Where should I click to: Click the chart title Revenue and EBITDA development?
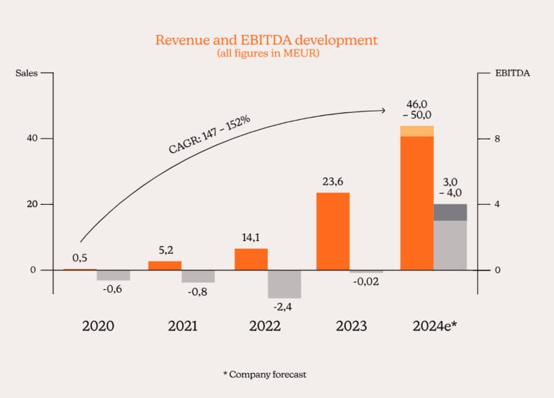(267, 40)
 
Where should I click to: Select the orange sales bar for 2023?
(333, 231)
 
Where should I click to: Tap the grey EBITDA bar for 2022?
(284, 284)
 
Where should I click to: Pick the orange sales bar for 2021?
(165, 266)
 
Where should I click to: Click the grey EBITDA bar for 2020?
(113, 275)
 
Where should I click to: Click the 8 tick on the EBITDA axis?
(497, 139)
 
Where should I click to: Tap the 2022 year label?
(264, 326)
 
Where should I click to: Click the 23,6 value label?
(332, 183)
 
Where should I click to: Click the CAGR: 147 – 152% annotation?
(209, 136)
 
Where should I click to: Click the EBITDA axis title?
(512, 72)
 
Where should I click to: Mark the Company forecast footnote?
(264, 374)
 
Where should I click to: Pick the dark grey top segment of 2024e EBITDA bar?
(450, 213)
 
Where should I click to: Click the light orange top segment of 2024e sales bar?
(417, 131)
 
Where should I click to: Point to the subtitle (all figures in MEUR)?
(267, 53)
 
